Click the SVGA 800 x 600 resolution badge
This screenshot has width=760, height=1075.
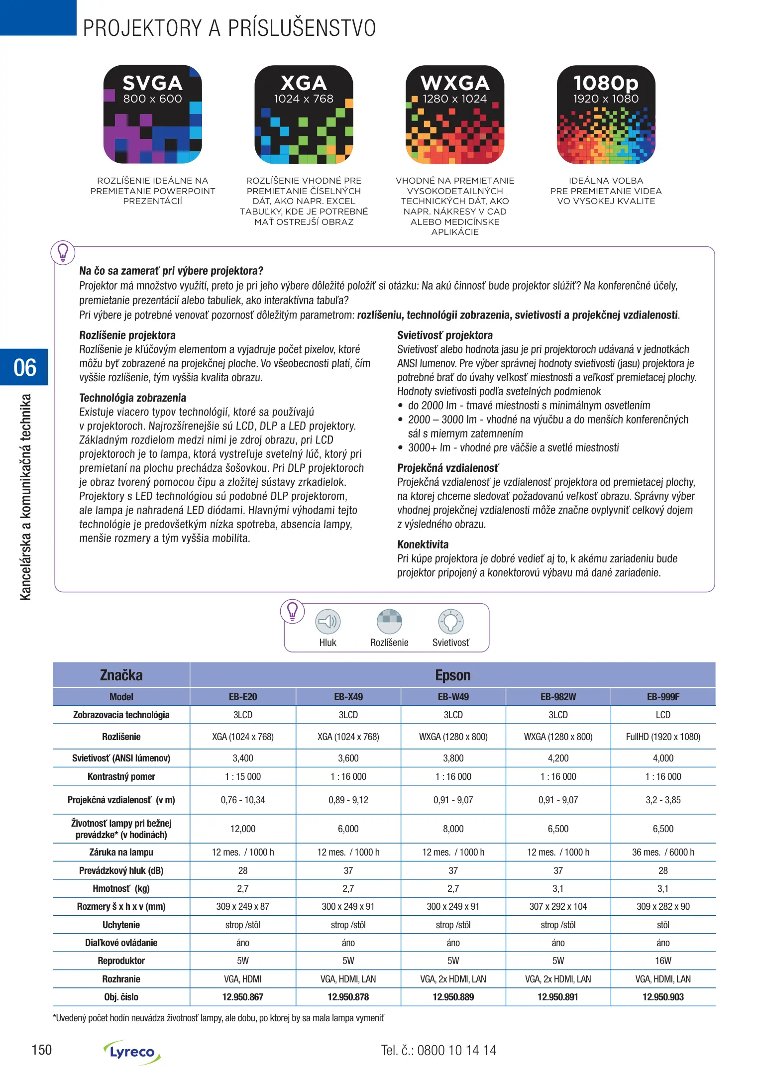(152, 114)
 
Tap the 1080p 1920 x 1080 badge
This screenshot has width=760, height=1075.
(606, 114)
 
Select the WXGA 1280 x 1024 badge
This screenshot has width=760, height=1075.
(455, 114)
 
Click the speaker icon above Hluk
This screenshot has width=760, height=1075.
(328, 622)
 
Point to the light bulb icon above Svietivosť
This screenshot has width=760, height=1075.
(450, 622)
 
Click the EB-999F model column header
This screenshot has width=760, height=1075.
(663, 697)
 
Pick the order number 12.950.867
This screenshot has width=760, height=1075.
(243, 997)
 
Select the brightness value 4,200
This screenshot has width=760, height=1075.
(558, 758)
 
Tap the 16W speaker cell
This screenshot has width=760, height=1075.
(663, 961)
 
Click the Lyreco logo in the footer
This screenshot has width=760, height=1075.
(132, 1052)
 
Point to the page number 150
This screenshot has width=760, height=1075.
(42, 1050)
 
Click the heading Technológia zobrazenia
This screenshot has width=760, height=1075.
(133, 398)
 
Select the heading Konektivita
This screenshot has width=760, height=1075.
(423, 544)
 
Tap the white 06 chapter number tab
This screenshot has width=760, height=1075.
(25, 367)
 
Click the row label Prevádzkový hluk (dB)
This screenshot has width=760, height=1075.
(121, 870)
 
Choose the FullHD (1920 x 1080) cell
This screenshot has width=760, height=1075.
(663, 737)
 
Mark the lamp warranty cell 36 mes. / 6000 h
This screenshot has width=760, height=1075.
(663, 852)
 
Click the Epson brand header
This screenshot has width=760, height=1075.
(452, 675)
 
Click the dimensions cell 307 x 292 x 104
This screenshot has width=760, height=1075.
(558, 906)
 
